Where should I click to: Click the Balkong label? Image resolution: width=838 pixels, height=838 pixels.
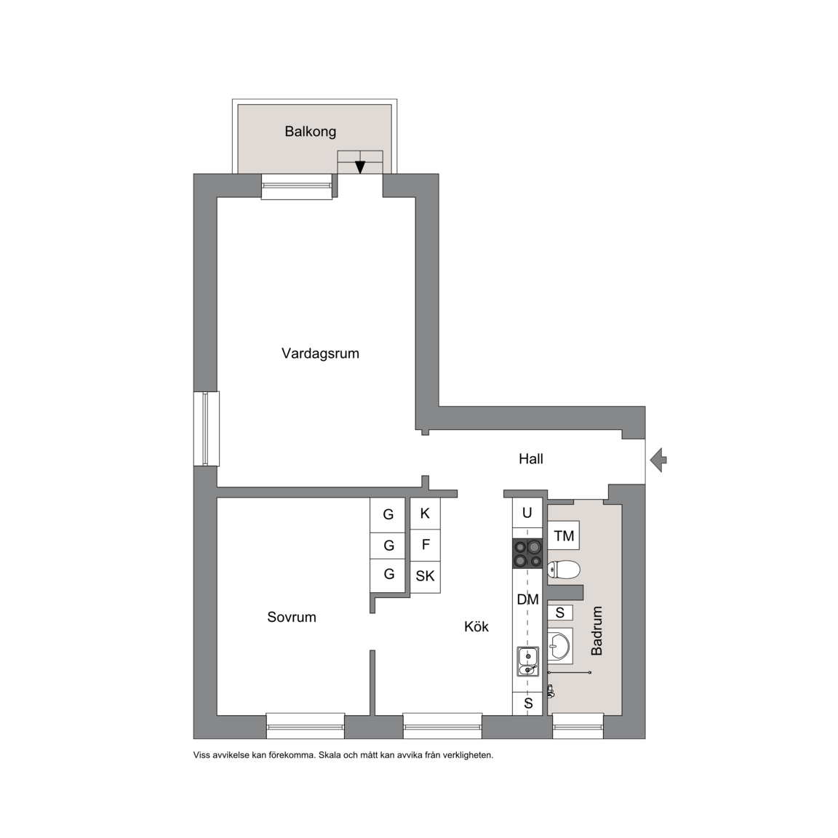tap(310, 132)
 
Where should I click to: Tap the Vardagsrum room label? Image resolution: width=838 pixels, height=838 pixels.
tap(320, 354)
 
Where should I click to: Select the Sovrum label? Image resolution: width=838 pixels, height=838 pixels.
tap(291, 618)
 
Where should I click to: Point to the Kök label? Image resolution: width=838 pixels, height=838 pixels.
tap(476, 626)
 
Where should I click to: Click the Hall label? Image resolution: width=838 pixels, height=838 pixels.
tap(531, 458)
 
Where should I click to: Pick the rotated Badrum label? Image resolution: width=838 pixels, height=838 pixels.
tap(596, 631)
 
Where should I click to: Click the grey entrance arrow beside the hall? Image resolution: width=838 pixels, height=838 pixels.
tap(658, 460)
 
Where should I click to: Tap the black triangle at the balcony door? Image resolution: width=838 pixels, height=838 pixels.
tap(360, 167)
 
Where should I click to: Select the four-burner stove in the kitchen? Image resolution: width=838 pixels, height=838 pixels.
tap(527, 554)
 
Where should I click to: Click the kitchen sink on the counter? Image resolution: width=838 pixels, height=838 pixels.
tap(527, 662)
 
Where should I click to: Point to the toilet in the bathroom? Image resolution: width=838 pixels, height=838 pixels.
tap(564, 570)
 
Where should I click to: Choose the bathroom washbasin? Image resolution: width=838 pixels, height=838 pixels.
tap(560, 646)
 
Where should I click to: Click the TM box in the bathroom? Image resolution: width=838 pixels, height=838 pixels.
tap(564, 535)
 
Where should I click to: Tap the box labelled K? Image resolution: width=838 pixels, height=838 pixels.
tap(426, 514)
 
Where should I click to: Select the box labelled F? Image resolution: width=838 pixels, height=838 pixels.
tap(426, 545)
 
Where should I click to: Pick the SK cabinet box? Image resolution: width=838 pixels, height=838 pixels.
tap(426, 577)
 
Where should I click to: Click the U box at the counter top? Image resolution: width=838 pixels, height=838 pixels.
tap(527, 513)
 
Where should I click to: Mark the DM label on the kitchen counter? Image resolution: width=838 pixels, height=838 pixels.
tap(527, 599)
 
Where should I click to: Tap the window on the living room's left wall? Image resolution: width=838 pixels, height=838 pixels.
tap(207, 428)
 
